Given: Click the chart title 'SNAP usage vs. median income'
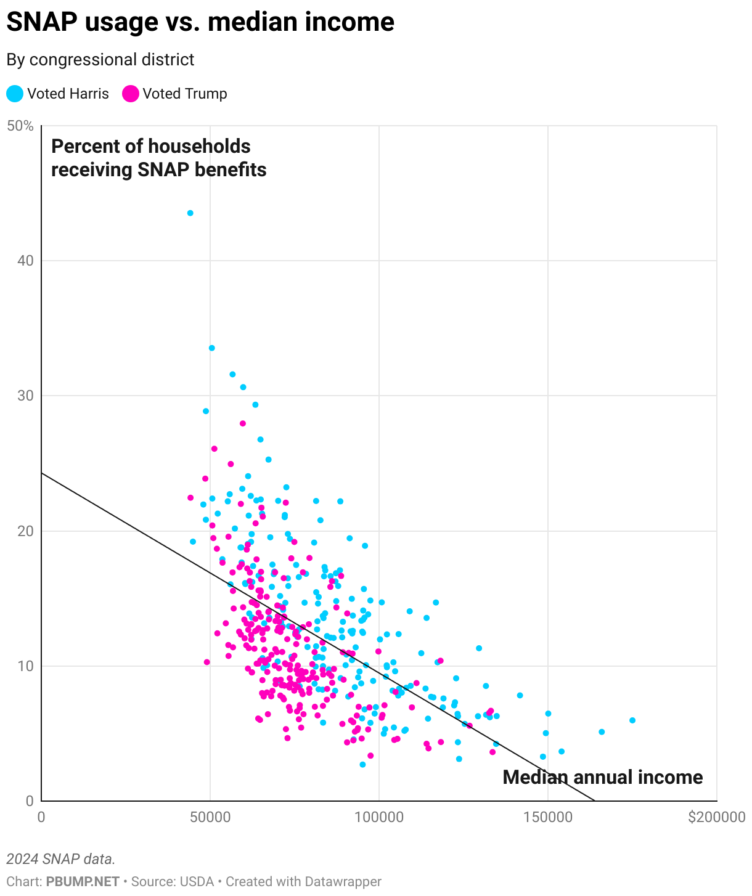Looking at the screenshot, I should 200,23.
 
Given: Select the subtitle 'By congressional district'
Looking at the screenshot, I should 100,60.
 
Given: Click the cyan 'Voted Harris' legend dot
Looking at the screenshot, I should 15,94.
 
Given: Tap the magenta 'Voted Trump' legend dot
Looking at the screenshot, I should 131,94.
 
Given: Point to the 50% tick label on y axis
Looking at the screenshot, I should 20,126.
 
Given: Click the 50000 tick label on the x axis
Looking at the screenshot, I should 210,817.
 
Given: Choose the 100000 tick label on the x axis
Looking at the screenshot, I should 378,817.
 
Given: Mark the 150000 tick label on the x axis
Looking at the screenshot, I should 547,817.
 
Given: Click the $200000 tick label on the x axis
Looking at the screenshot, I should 716,817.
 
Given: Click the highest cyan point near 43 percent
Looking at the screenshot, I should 190,213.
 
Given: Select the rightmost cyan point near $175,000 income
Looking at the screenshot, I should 632,720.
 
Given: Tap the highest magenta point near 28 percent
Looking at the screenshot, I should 243,423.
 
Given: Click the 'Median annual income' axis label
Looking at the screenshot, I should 602,778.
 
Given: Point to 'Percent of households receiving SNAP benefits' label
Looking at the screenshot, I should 158,158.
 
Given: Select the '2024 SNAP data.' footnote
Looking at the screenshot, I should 61,859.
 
